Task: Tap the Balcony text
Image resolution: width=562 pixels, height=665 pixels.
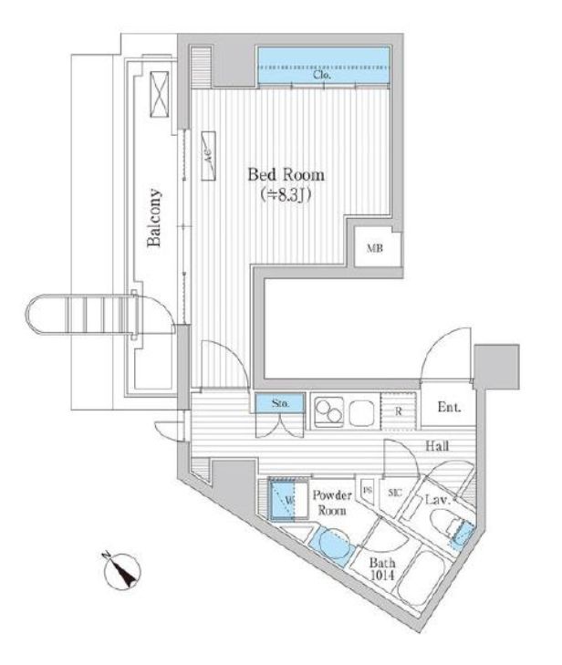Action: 156,218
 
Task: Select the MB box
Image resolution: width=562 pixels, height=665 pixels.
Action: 375,248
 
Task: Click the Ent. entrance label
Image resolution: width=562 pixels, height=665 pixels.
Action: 448,407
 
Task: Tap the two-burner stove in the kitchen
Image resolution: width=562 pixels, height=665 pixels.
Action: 329,412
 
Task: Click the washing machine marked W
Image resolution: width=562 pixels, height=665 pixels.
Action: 289,499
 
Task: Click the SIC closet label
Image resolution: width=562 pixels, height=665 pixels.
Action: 395,494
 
